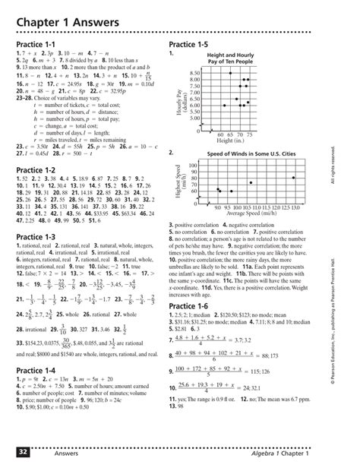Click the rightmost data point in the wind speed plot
point(294,178)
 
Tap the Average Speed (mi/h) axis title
point(257,213)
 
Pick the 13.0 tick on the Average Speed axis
point(295,207)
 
